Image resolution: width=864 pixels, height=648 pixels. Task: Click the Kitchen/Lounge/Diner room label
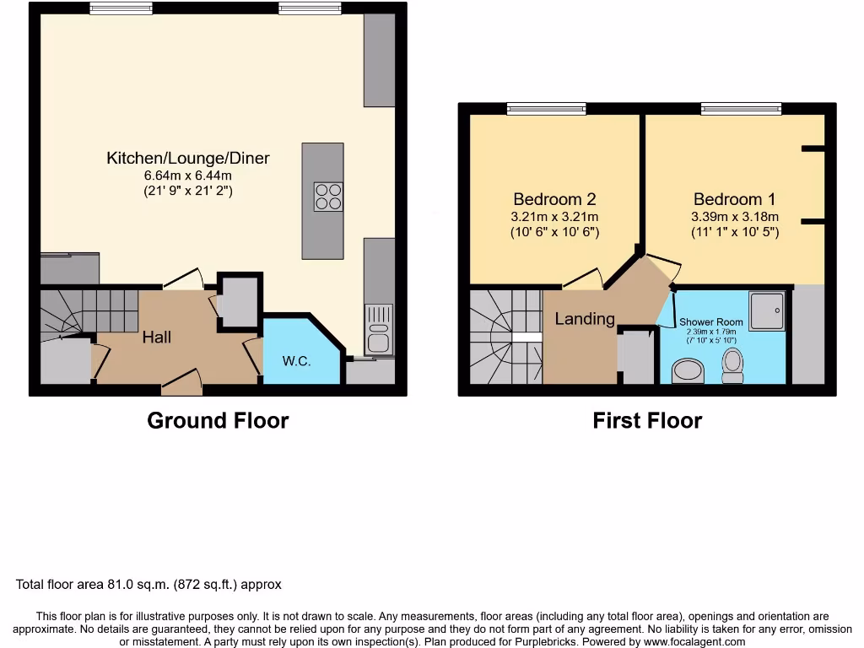[x=188, y=158]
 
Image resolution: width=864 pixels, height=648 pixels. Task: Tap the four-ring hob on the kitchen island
[x=328, y=197]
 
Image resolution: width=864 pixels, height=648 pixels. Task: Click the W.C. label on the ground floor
[x=296, y=361]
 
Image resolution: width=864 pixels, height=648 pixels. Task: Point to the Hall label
[x=156, y=337]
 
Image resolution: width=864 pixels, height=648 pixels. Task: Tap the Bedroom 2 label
[x=554, y=199]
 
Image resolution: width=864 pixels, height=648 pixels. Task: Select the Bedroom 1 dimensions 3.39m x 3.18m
[x=734, y=216]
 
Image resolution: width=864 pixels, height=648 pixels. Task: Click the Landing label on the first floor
[x=584, y=318]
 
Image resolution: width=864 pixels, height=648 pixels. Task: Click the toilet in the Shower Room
[x=732, y=366]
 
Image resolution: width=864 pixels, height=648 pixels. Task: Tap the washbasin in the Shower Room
[x=688, y=371]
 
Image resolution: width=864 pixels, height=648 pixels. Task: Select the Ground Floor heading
[x=218, y=420]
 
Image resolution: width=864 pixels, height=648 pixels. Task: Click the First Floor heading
[x=646, y=420]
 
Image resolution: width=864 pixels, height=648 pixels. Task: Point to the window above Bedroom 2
[x=546, y=108]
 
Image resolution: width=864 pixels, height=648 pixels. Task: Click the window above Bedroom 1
[x=740, y=108]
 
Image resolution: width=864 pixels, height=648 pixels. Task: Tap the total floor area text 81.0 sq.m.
[x=148, y=584]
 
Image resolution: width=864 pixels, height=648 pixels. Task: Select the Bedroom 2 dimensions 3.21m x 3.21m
[x=554, y=216]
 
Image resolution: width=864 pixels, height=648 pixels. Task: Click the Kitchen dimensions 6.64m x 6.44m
[x=187, y=175]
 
